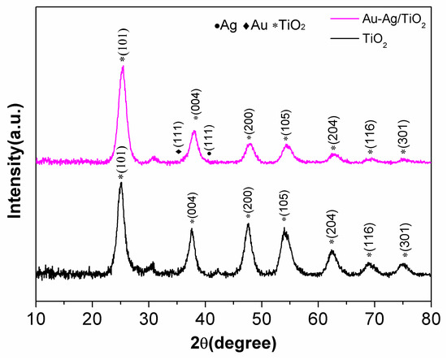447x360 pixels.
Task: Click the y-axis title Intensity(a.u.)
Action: tap(14, 154)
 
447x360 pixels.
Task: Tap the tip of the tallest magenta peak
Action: tap(123, 67)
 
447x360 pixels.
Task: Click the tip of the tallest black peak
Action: tap(121, 184)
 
